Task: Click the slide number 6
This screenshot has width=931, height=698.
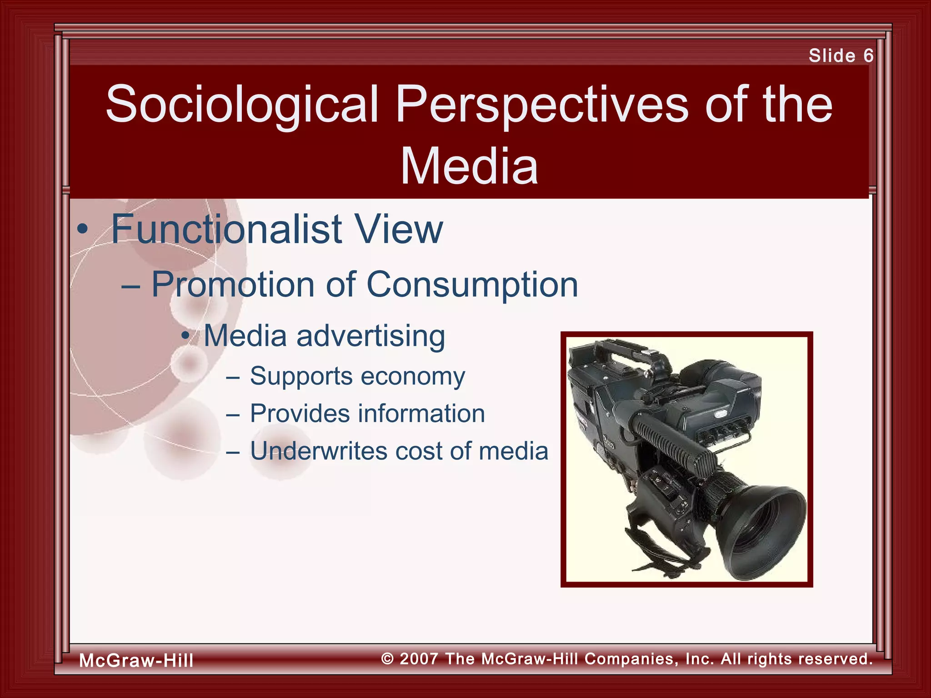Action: coord(868,56)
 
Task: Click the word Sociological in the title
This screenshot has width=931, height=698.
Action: coord(242,105)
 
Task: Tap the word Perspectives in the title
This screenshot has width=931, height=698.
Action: coord(542,105)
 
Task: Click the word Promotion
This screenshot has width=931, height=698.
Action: coord(233,285)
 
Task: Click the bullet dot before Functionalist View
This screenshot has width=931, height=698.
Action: coord(82,230)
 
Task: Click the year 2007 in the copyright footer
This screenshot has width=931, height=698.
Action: coord(419,658)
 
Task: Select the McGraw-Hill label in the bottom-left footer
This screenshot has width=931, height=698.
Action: coord(136,660)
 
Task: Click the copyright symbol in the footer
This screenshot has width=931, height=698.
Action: coord(387,658)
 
